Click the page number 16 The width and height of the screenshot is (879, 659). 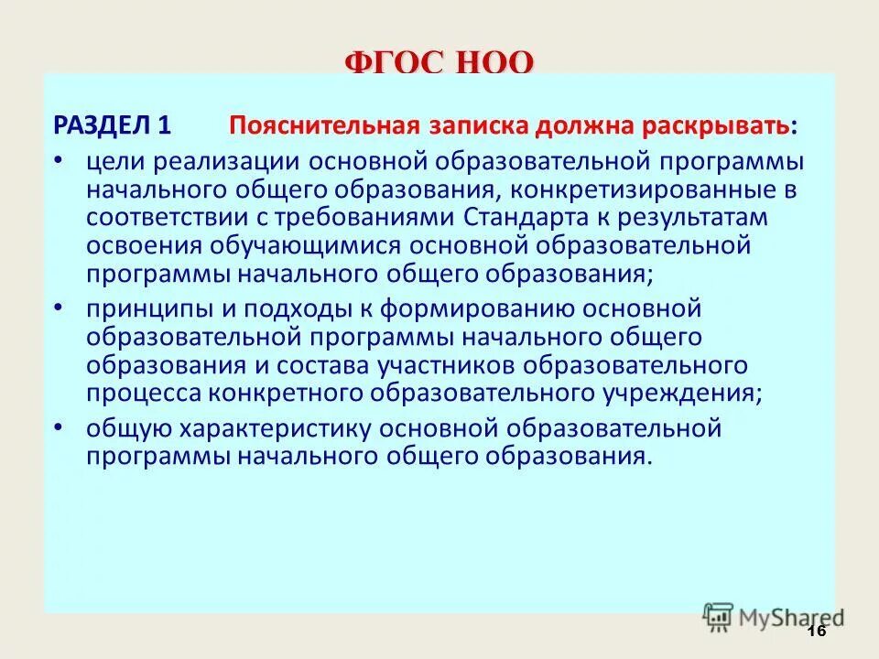coord(818,632)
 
